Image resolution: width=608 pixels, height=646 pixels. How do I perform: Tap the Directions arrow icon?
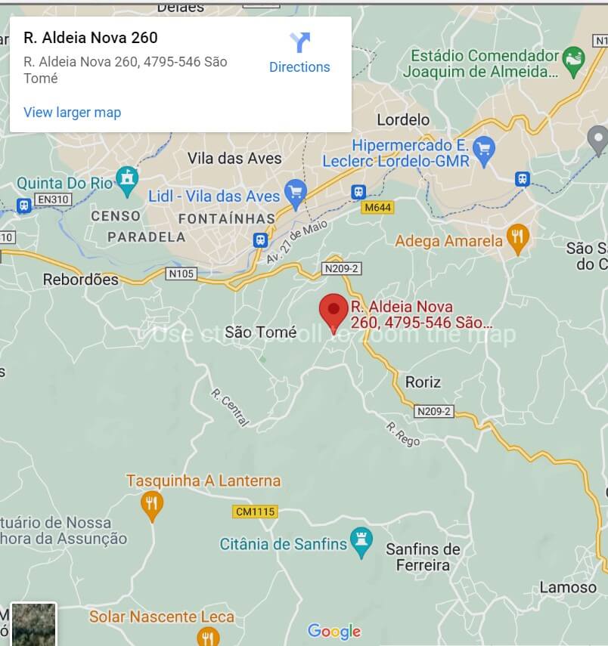tap(299, 42)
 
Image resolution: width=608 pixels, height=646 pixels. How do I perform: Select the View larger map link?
tap(72, 113)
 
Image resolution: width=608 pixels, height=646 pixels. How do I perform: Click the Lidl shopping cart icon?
tap(294, 193)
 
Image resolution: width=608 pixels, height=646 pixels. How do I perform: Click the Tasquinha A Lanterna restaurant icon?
tap(152, 505)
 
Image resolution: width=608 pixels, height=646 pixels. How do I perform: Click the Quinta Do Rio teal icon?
tap(127, 180)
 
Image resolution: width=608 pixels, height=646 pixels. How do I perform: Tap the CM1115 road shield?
tap(255, 512)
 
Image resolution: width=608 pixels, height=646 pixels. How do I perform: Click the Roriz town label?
tap(423, 382)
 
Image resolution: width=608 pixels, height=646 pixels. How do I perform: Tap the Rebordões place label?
tap(81, 279)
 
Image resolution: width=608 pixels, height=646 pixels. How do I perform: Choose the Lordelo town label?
tap(402, 119)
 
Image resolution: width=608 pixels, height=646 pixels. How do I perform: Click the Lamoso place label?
tap(568, 587)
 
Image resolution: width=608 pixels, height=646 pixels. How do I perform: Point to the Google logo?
tap(334, 631)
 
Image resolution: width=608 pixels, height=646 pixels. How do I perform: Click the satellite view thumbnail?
tap(33, 624)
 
